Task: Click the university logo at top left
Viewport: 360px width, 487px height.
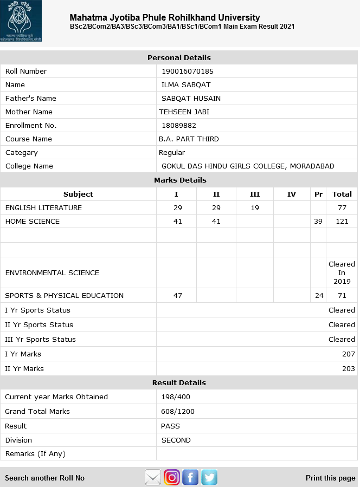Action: [x=21, y=22]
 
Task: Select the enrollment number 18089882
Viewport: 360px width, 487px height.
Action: [x=179, y=125]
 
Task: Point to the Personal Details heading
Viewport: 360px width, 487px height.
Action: [x=179, y=57]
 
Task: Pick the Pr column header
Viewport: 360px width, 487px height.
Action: [x=318, y=194]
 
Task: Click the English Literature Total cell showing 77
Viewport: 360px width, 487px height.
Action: [x=342, y=207]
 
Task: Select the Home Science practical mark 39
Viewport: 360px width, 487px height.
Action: [x=318, y=221]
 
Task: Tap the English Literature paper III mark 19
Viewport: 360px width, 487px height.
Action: [x=255, y=207]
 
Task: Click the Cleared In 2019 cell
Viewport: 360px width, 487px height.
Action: [x=342, y=272]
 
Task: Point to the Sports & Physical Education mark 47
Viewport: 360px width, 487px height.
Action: [x=177, y=295]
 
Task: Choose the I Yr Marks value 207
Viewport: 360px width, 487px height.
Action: [x=348, y=354]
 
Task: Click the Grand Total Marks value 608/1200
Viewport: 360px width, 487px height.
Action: [x=178, y=411]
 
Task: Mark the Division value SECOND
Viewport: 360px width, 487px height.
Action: [x=176, y=440]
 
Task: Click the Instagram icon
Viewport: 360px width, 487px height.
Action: [x=172, y=477]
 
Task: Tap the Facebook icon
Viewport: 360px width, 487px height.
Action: [x=190, y=477]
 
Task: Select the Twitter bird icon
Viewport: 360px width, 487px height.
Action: [x=209, y=477]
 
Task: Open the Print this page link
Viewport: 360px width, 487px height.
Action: [x=330, y=478]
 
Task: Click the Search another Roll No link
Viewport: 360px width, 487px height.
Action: [x=45, y=478]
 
